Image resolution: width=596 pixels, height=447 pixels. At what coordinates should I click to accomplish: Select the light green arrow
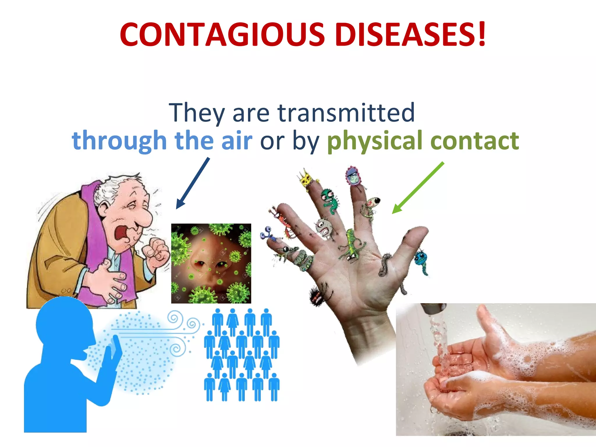(418, 188)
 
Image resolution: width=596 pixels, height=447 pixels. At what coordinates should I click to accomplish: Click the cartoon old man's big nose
(144, 217)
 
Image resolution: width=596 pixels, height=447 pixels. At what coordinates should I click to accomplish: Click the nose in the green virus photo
(208, 256)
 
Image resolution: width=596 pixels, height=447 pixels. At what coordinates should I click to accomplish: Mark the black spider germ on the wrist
(316, 296)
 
